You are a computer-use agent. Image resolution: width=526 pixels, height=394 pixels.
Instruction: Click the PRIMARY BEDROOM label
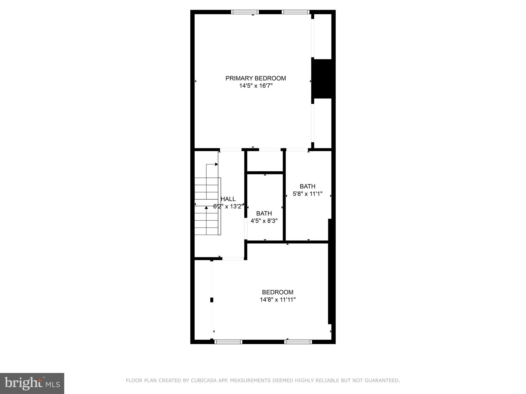[256, 78]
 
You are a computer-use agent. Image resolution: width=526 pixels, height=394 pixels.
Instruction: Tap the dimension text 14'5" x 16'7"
[256, 86]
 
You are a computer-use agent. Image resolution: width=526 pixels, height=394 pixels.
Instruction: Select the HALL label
[228, 199]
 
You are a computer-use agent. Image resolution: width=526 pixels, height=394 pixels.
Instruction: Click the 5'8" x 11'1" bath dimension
[307, 194]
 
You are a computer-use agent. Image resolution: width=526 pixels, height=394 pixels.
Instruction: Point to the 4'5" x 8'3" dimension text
[264, 221]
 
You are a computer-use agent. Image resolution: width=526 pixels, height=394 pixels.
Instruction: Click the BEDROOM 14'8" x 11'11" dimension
[278, 300]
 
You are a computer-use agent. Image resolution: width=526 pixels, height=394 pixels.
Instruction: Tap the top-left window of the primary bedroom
[245, 12]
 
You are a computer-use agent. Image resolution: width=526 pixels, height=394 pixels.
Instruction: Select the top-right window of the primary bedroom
[295, 12]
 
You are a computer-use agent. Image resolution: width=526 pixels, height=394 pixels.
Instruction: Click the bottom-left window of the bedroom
[228, 342]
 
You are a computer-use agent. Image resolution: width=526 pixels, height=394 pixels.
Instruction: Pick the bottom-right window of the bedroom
[298, 342]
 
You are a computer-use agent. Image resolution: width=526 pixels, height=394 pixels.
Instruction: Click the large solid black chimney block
[323, 78]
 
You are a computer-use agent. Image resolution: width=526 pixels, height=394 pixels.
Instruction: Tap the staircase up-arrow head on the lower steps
[206, 208]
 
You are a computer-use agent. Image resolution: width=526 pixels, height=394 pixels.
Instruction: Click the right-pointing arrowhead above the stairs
[217, 164]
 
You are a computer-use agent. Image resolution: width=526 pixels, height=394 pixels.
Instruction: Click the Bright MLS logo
[32, 383]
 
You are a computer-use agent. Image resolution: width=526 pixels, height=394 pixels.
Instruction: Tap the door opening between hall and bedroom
[233, 259]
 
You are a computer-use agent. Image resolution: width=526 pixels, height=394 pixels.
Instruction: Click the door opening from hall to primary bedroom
[231, 150]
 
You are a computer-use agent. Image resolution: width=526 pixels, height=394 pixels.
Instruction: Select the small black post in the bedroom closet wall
[212, 300]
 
